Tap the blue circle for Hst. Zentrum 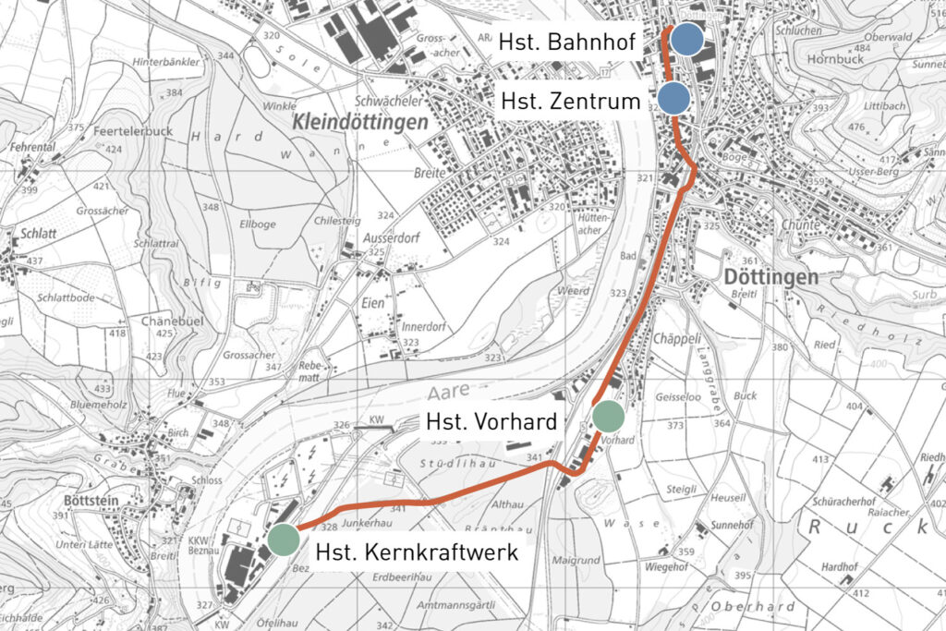pyautogui.click(x=674, y=98)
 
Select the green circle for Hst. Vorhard pyautogui.click(x=609, y=418)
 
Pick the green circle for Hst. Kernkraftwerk pyautogui.click(x=283, y=539)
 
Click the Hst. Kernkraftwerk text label pyautogui.click(x=417, y=552)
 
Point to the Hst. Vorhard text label pyautogui.click(x=491, y=422)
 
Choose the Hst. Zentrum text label pyautogui.click(x=570, y=101)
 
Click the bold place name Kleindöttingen pyautogui.click(x=360, y=122)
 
